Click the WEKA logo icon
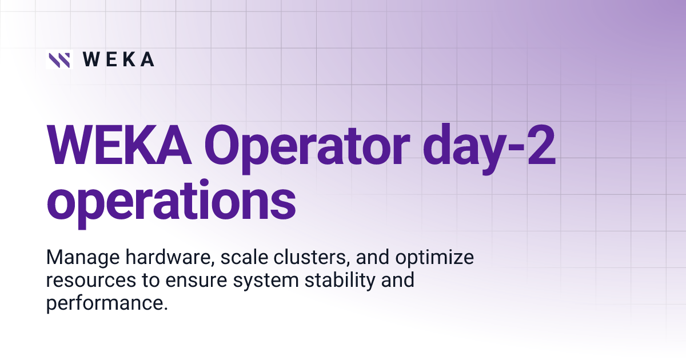click(x=59, y=59)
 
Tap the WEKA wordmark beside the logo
click(x=118, y=59)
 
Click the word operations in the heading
click(x=171, y=201)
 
